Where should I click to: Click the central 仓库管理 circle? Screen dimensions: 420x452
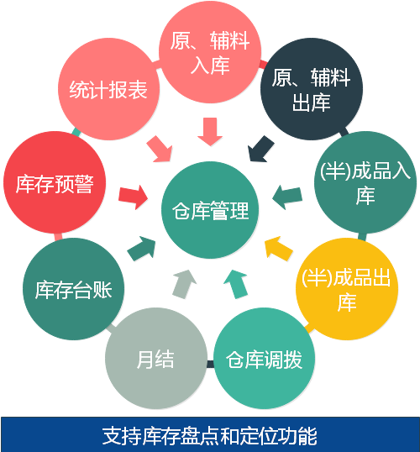(x=210, y=210)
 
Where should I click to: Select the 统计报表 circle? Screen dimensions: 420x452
(x=108, y=89)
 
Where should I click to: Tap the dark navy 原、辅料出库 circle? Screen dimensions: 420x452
(x=312, y=89)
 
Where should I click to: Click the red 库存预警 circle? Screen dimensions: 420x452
(x=55, y=182)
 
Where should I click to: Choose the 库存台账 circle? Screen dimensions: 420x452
(x=74, y=289)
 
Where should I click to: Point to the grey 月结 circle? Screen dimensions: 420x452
(x=156, y=358)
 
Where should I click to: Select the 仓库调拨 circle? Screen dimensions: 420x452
(x=265, y=358)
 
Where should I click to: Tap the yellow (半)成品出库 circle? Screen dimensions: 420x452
(x=347, y=289)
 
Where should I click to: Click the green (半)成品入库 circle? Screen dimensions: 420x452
(x=365, y=182)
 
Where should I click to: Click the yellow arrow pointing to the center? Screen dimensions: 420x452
(x=278, y=248)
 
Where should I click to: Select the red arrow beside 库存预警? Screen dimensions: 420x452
(x=134, y=197)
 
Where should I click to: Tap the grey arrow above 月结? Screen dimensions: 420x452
(x=185, y=284)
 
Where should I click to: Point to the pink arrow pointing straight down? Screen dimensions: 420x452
(x=210, y=131)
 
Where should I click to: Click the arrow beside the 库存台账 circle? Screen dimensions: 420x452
(x=142, y=249)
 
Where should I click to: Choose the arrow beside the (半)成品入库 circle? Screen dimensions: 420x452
(x=287, y=197)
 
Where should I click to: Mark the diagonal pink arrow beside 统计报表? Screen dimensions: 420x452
(x=160, y=149)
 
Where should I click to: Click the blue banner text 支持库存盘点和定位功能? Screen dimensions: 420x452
(x=209, y=435)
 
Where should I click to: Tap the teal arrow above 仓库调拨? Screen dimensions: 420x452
(x=236, y=284)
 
